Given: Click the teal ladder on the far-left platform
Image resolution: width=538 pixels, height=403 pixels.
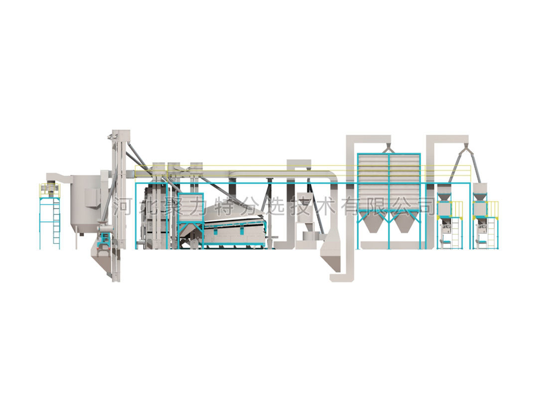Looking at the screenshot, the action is tap(56, 223).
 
